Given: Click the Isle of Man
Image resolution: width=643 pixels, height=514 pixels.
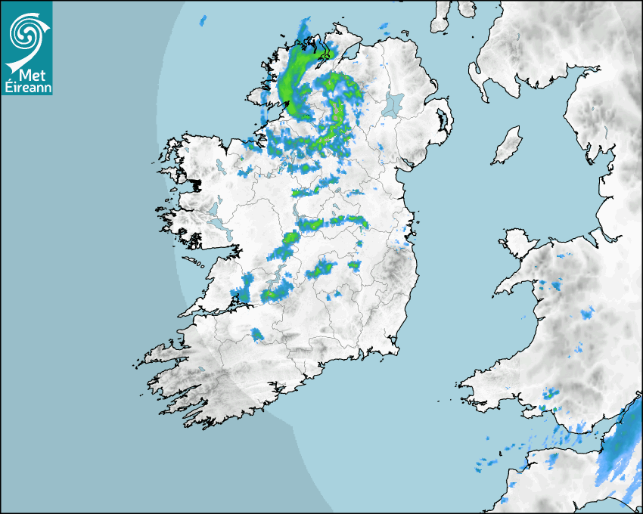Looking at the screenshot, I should tap(508, 146).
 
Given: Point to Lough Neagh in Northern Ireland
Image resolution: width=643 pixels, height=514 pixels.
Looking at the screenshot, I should tap(393, 104).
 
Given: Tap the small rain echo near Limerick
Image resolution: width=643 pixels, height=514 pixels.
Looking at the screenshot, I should tap(257, 334).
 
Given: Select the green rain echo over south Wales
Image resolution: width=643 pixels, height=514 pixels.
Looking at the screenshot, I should tap(550, 394).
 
